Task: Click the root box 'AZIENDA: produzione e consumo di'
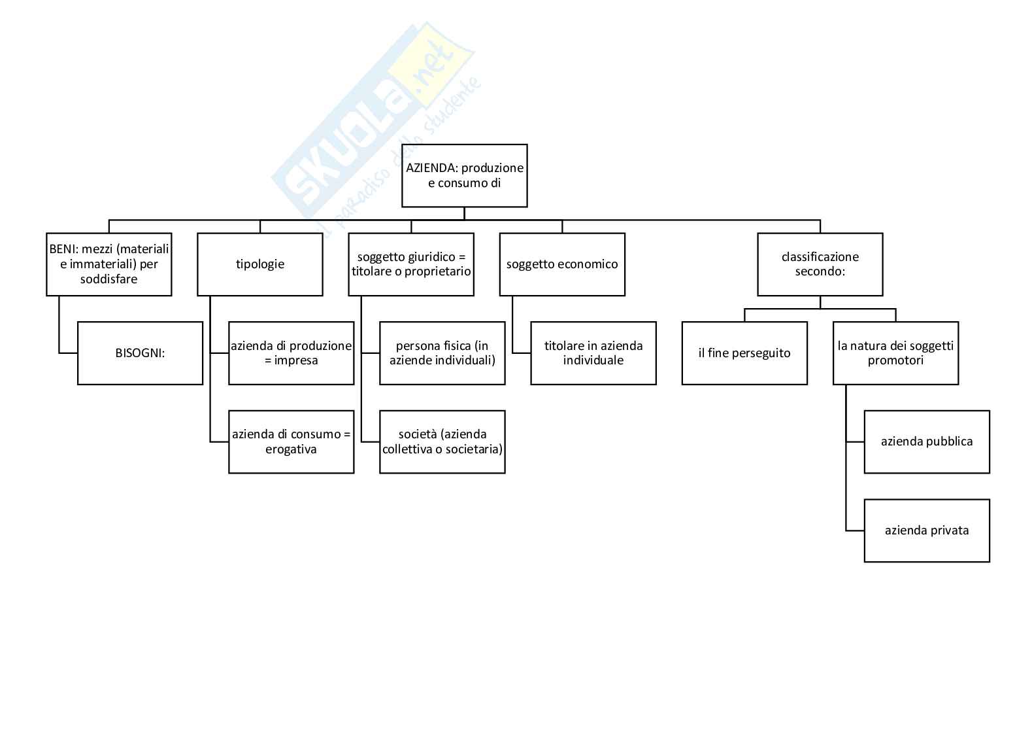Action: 464,175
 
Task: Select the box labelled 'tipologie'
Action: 259,264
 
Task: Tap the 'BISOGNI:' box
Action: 140,353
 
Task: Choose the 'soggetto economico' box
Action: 562,264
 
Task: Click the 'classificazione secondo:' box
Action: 820,264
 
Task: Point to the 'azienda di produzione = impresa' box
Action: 291,353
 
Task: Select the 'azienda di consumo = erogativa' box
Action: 291,442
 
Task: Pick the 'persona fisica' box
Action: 442,353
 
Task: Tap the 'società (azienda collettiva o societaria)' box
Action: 442,442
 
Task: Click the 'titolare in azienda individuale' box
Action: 593,353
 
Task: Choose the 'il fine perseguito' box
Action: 744,353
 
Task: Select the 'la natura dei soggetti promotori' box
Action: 895,353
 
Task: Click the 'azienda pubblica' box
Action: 926,442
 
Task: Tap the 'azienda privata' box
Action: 926,530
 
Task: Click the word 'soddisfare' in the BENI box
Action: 109,279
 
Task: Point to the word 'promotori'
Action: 895,360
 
